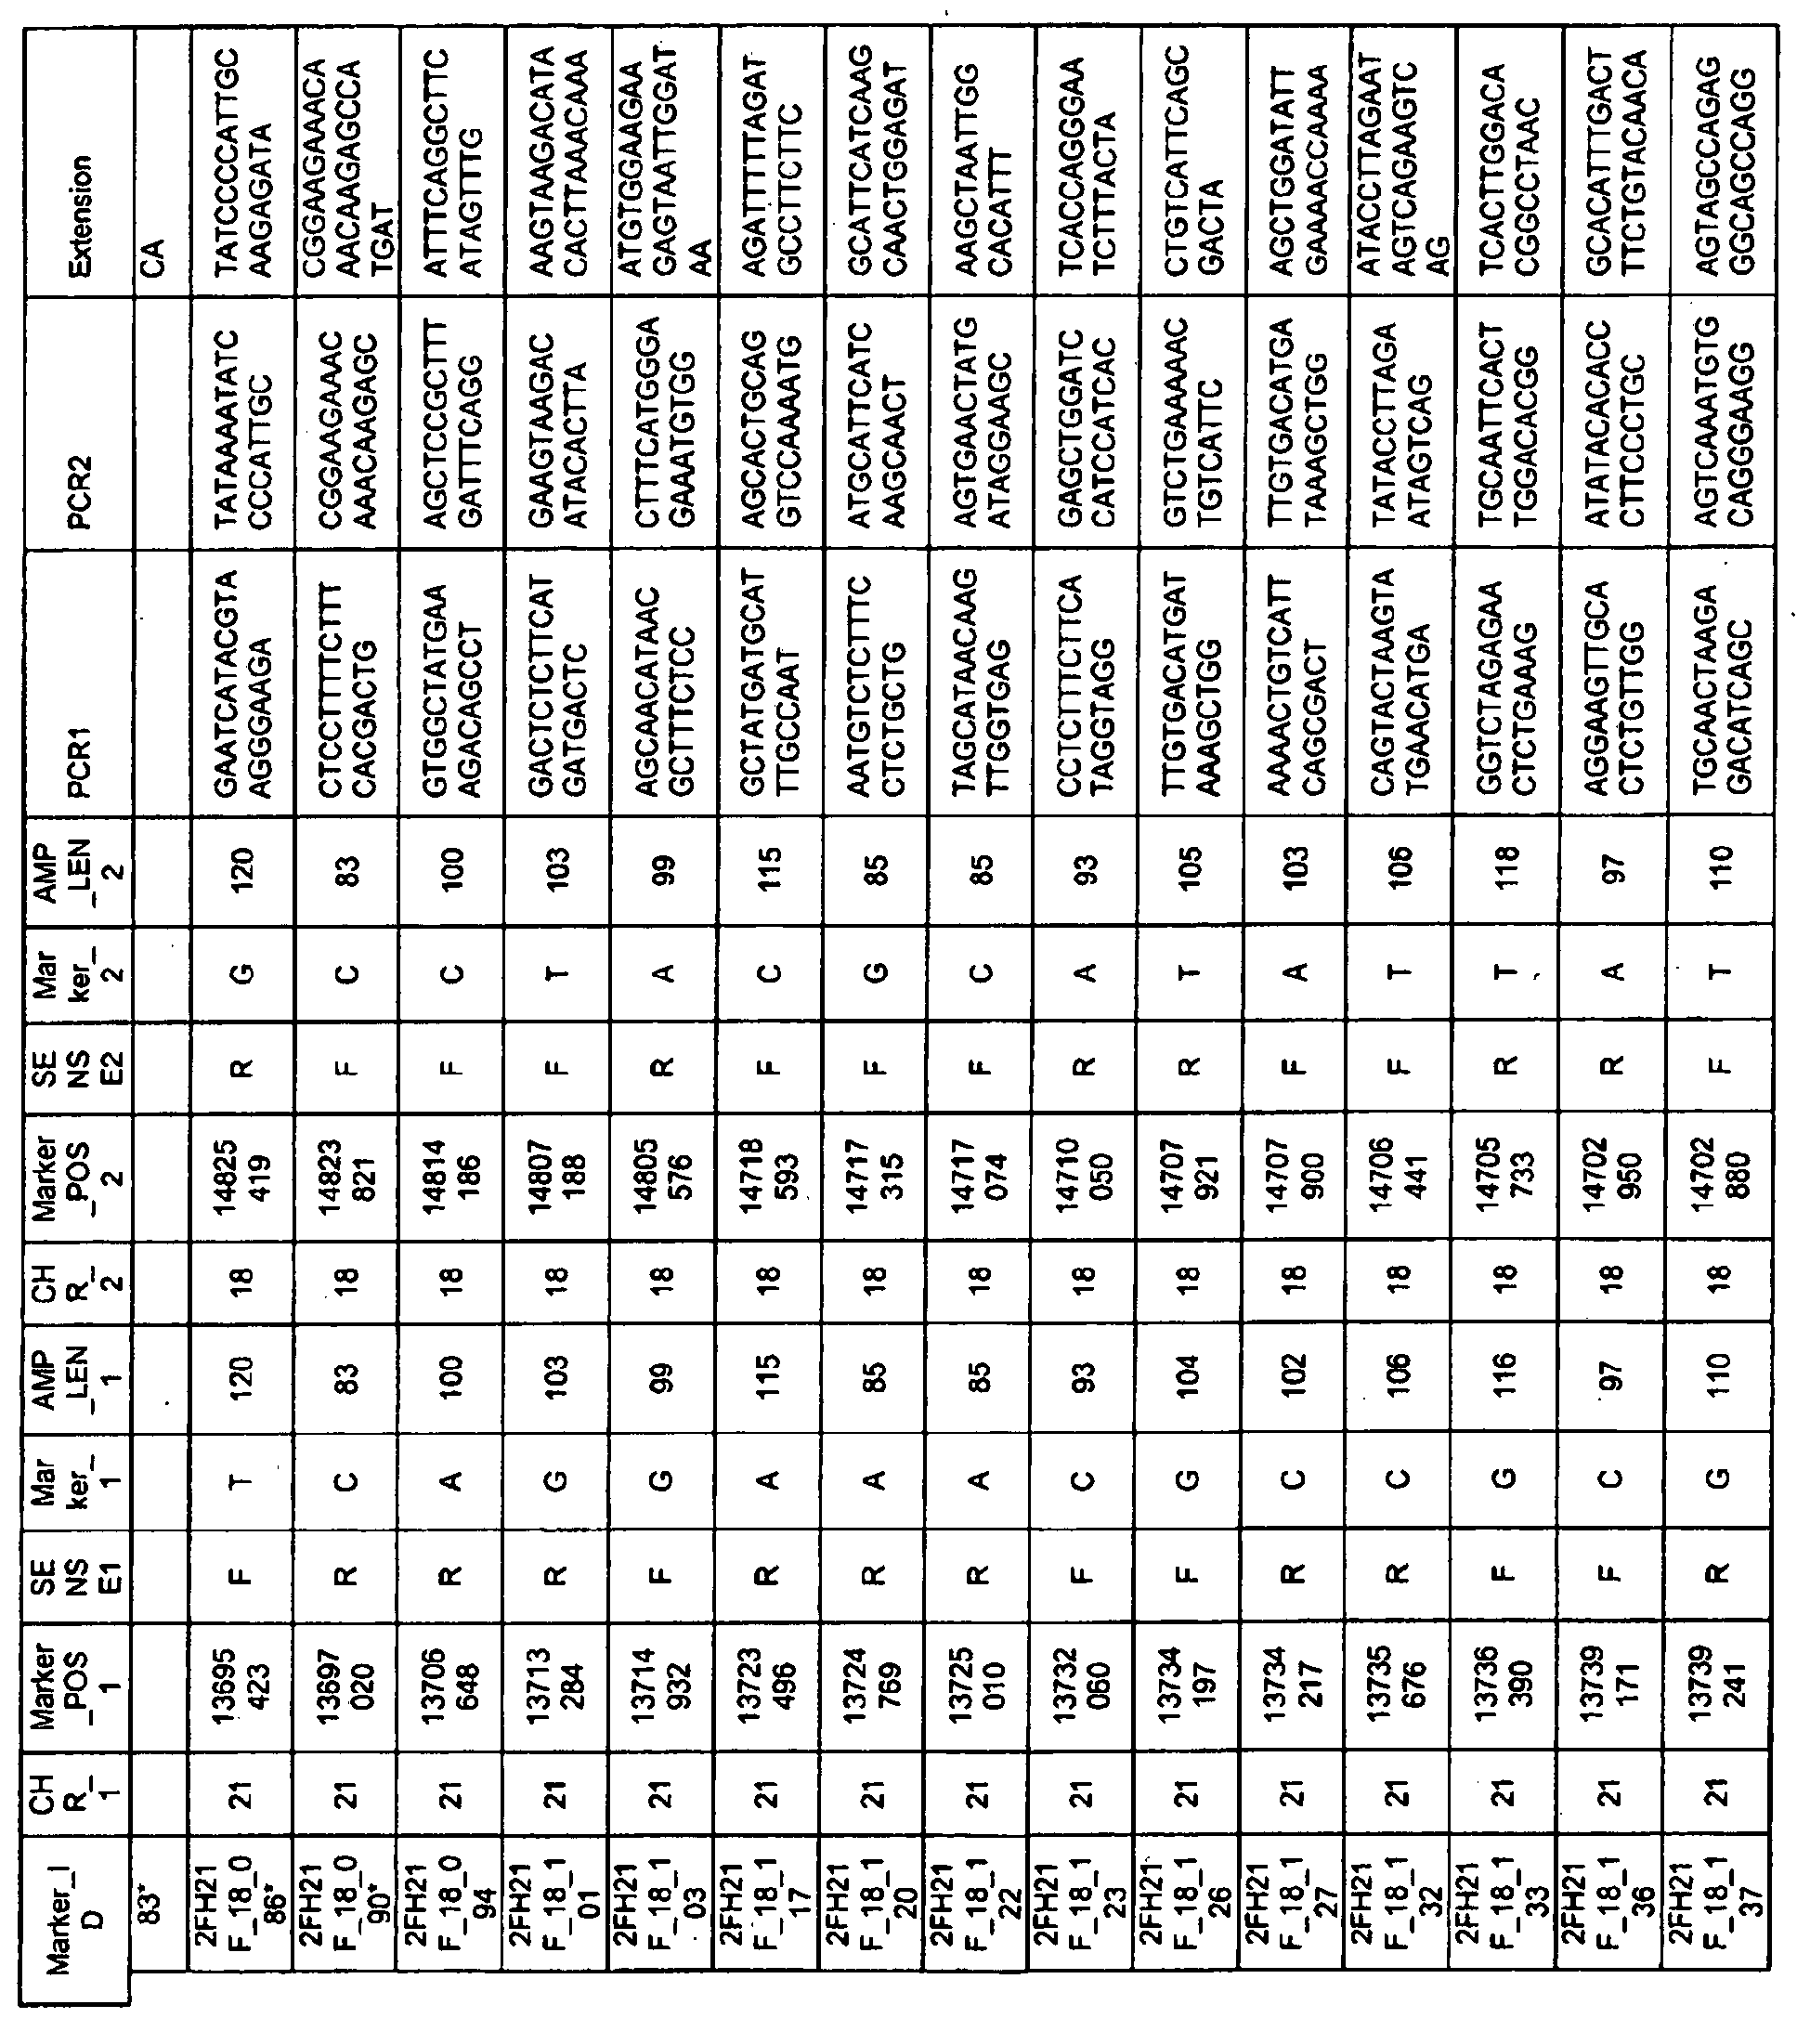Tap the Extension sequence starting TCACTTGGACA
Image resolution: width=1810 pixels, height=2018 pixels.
(1504, 159)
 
